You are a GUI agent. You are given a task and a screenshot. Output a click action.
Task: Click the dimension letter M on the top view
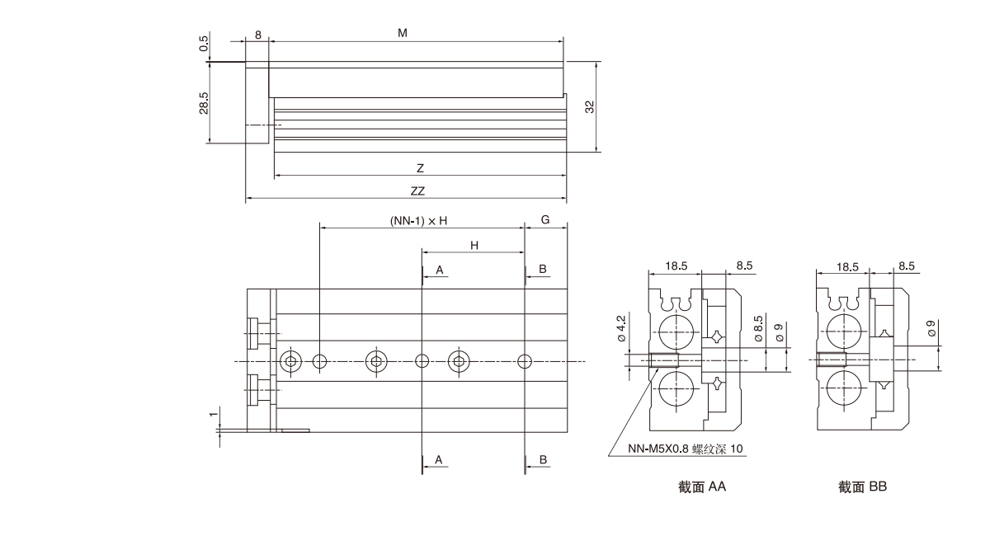coord(403,33)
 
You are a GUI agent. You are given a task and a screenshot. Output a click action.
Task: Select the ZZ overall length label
coord(417,190)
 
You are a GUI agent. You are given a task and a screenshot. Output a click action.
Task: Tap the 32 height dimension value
coord(590,106)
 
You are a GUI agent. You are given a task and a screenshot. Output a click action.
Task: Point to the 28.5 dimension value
coord(204,103)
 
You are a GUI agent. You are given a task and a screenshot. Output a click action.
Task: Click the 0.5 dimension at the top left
coord(204,43)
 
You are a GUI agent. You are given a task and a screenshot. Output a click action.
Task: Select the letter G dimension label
coord(545,220)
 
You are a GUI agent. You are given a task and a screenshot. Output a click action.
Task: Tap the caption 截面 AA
coord(702,487)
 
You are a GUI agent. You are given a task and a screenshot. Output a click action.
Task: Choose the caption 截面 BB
coord(862,487)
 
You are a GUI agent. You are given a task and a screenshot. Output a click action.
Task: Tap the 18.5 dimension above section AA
coord(675,266)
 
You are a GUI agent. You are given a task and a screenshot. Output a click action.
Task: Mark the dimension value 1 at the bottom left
coord(214,415)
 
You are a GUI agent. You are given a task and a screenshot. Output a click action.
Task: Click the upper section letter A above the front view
coord(440,270)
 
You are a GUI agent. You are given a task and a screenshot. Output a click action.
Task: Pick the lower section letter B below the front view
coord(543,458)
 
